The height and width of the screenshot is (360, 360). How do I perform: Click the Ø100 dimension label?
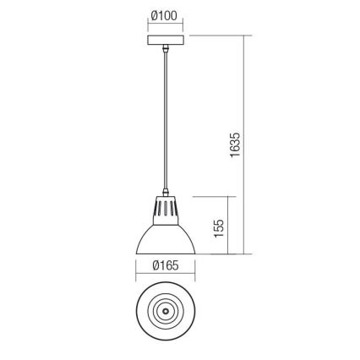(165, 15)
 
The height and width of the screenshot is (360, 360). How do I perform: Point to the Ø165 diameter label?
(165, 266)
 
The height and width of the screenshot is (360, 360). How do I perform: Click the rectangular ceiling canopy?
(166, 41)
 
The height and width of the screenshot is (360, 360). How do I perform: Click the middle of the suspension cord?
(166, 118)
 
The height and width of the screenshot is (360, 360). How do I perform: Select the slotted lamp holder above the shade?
(166, 209)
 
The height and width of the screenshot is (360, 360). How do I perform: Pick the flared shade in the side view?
(166, 237)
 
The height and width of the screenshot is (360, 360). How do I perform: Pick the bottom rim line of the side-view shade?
(166, 253)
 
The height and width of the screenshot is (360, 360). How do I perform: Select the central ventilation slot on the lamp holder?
(166, 208)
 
